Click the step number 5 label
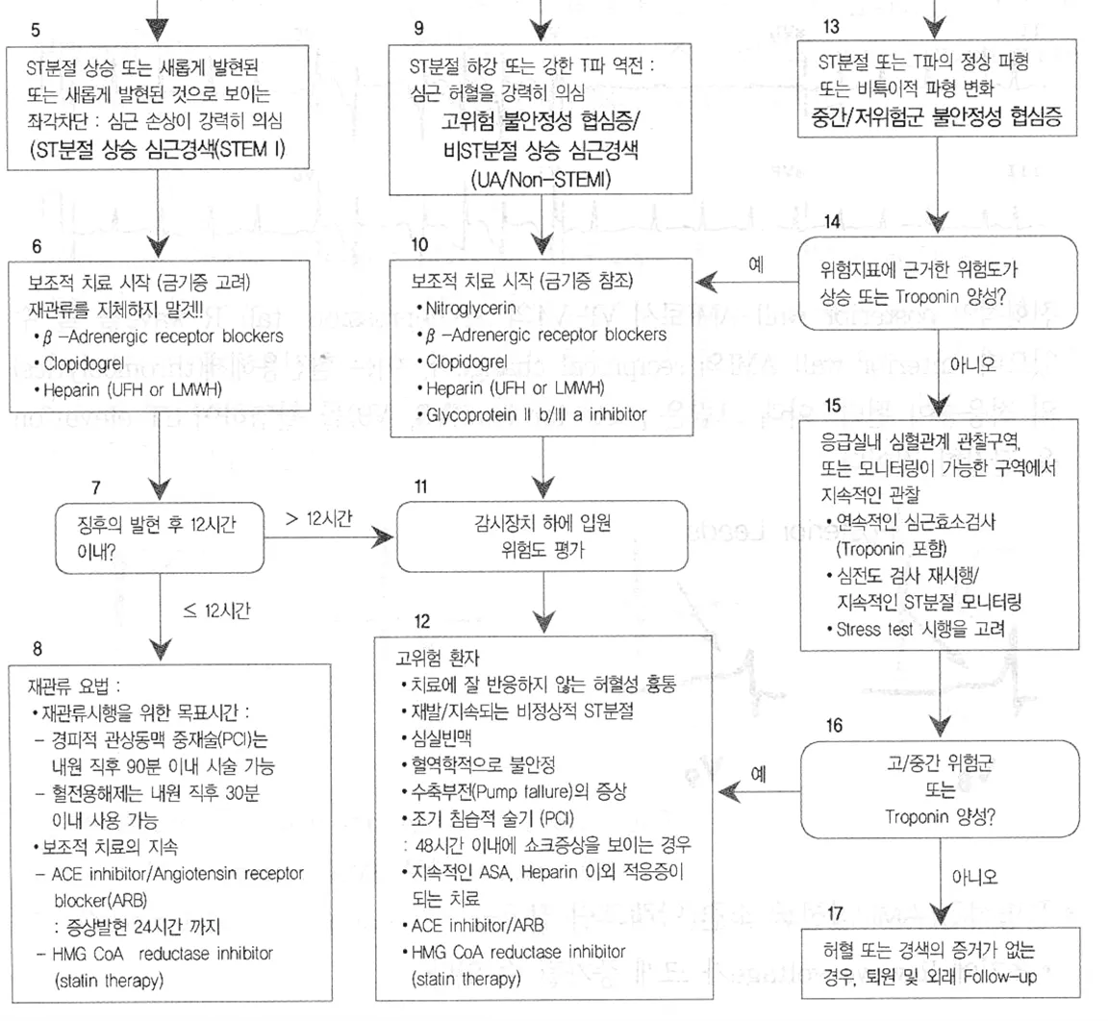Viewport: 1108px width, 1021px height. [36, 31]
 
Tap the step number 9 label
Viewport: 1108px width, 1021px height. [417, 28]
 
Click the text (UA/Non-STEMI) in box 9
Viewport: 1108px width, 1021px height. [544, 179]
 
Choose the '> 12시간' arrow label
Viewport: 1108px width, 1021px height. [319, 518]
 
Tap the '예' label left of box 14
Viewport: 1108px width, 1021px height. [757, 263]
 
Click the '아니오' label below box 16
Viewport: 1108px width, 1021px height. [973, 877]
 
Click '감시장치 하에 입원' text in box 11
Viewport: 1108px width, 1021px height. [543, 524]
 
